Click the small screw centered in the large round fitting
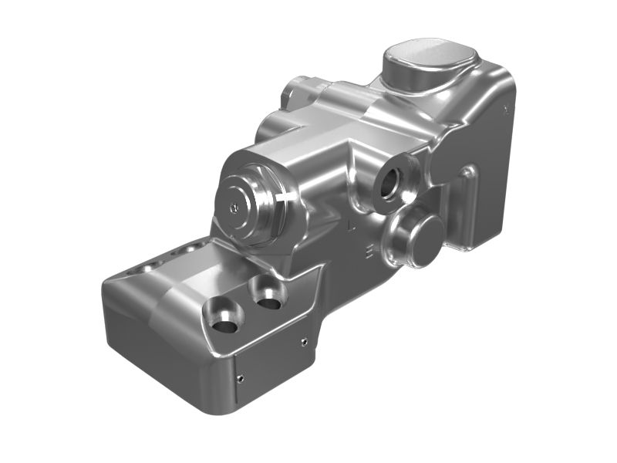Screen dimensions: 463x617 234,206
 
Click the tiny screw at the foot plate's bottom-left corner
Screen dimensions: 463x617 241,377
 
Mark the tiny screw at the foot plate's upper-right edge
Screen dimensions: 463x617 304,340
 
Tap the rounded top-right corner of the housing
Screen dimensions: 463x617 505,73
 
